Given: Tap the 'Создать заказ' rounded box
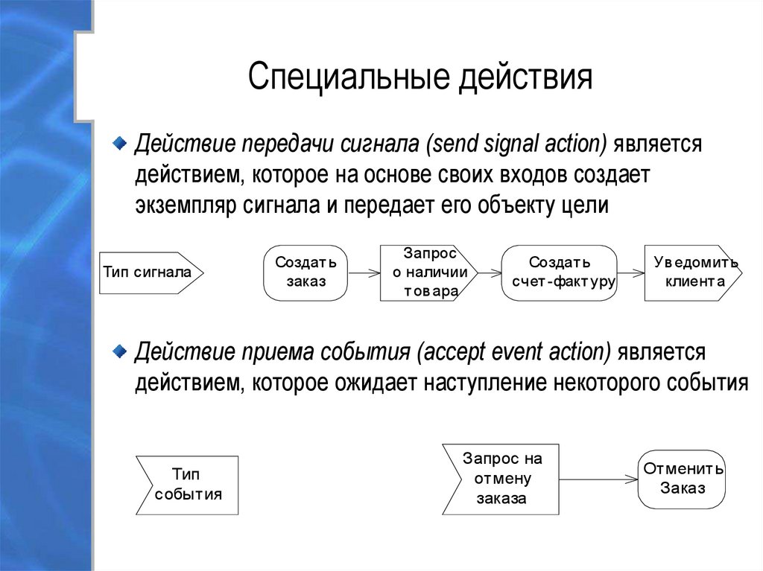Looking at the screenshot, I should [x=305, y=272].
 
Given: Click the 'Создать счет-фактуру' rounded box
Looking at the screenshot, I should [x=560, y=272].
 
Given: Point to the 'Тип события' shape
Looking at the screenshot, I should [x=188, y=485].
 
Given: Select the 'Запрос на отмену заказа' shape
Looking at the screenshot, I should [x=501, y=479].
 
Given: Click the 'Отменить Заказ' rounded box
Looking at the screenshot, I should [x=683, y=479].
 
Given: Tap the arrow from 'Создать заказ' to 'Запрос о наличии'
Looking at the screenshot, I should [x=364, y=273].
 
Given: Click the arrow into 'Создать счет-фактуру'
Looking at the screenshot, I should [x=490, y=273].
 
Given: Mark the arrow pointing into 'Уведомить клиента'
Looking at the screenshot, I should [x=630, y=273].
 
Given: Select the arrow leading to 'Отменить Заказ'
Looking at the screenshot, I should [x=598, y=479].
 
